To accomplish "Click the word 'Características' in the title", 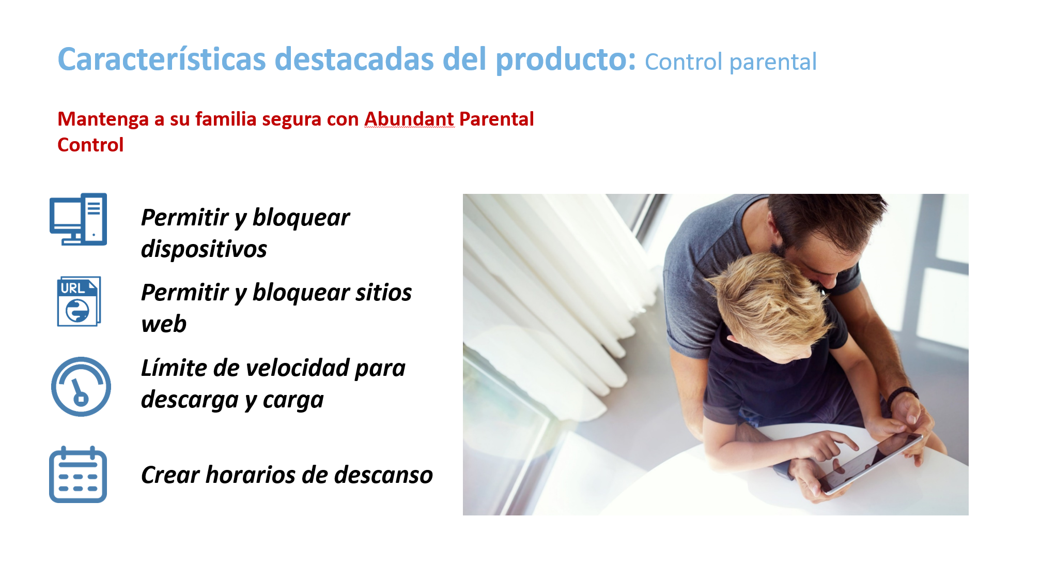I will (162, 59).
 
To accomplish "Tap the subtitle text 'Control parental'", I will (731, 62).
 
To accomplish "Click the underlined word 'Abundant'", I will (409, 119).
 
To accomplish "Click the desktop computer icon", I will (79, 219).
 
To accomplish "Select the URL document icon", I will (79, 301).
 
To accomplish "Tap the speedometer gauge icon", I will (81, 386).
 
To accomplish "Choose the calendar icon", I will (78, 475).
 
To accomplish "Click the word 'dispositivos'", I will (204, 249).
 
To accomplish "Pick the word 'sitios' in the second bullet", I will (383, 293).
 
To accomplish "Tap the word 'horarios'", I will (250, 475).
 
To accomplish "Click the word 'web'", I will (164, 325).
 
